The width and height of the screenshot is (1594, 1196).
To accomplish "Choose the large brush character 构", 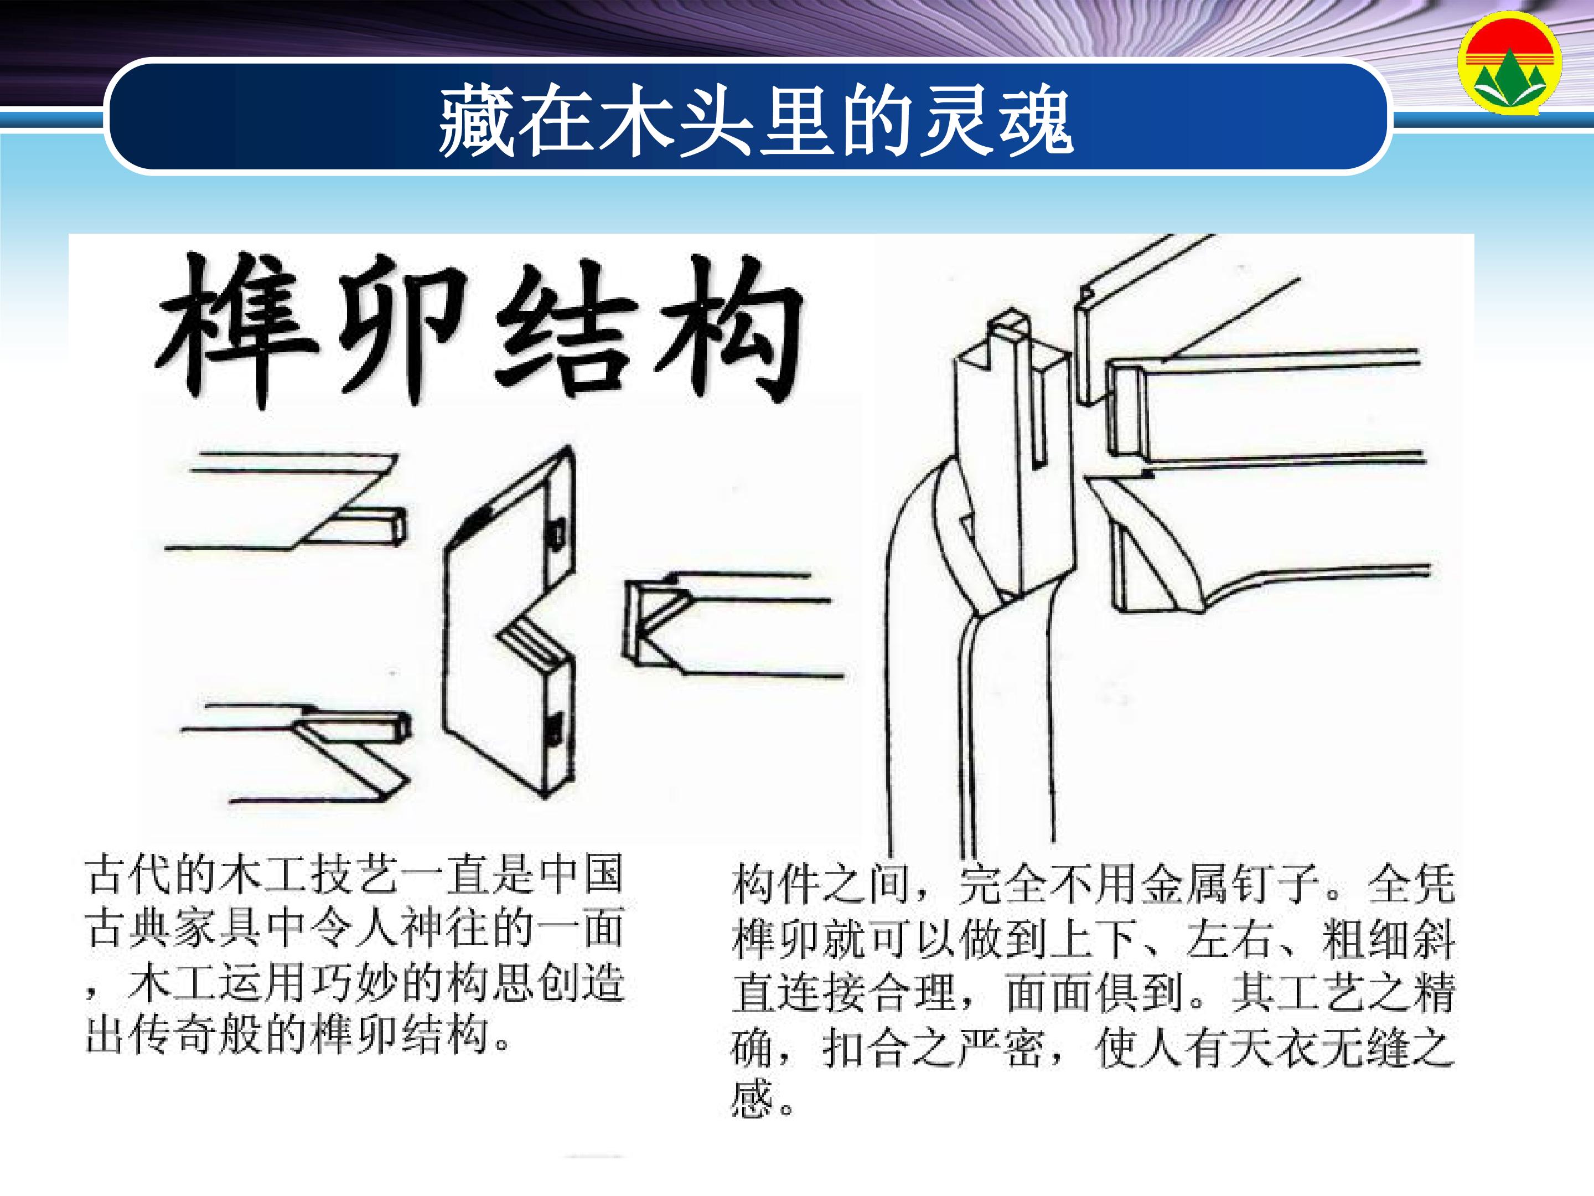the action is click(x=728, y=332).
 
